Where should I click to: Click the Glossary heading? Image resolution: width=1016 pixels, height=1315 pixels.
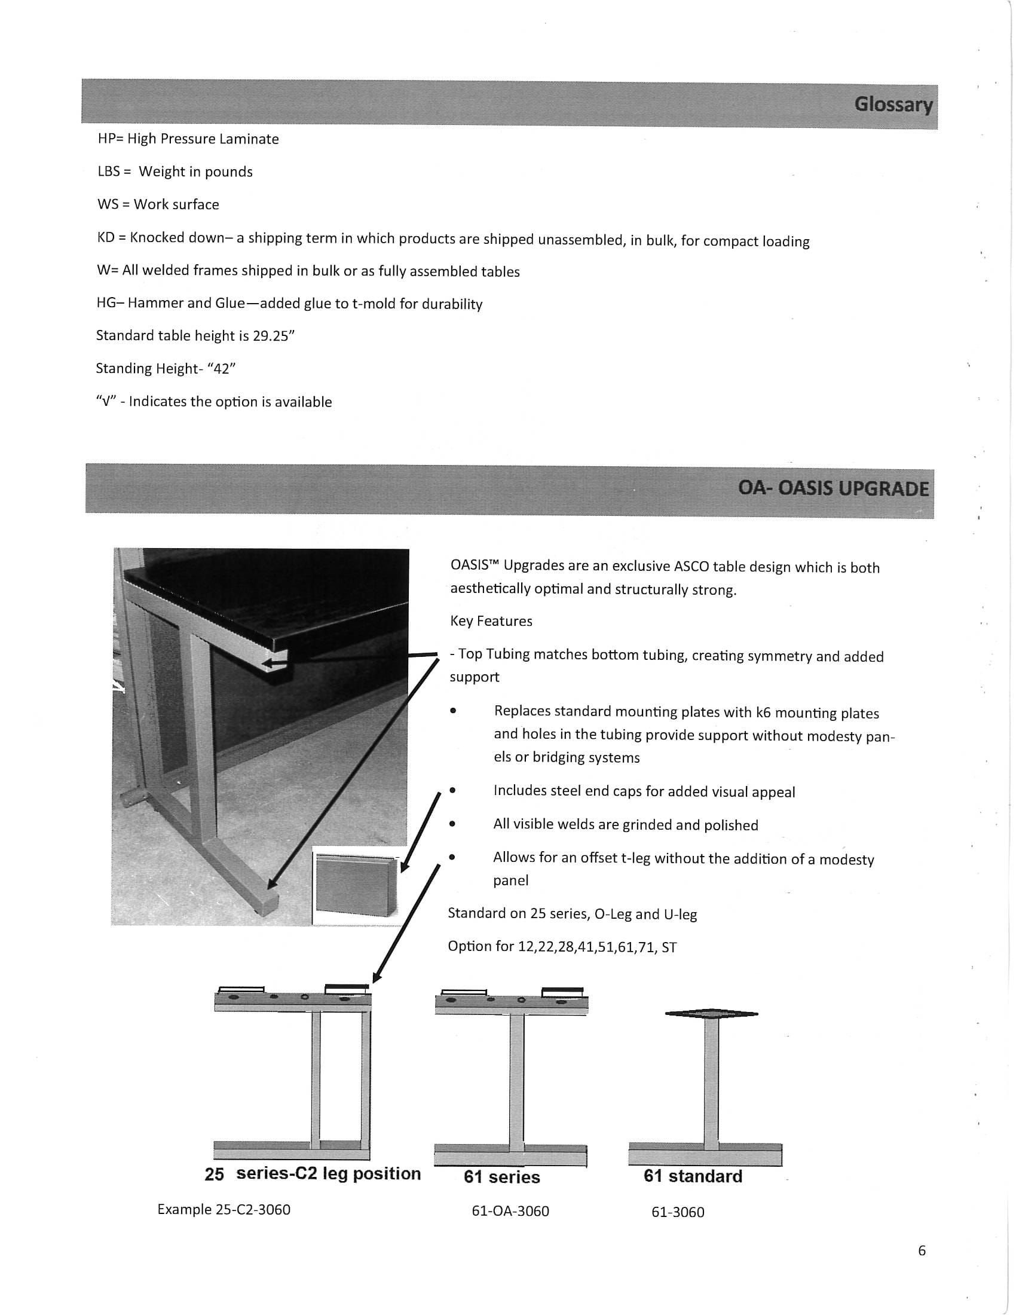tap(893, 105)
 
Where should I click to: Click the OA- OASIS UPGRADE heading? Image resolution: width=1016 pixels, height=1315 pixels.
tap(833, 488)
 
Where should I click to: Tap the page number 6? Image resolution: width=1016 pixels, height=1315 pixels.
tap(922, 1251)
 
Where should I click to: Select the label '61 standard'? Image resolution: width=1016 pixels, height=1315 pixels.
tap(693, 1176)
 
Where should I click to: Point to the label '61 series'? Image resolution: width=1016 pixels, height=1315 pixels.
tap(501, 1177)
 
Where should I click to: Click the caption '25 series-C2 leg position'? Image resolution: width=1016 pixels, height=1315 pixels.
tap(313, 1174)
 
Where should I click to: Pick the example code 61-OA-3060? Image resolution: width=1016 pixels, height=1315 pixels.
tap(510, 1212)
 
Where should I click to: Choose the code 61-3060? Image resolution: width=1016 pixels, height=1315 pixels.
tap(678, 1213)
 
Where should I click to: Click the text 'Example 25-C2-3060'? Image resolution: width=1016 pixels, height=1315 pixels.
tap(224, 1210)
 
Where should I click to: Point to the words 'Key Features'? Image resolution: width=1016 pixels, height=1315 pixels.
tap(491, 622)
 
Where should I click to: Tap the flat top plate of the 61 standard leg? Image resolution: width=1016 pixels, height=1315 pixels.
tap(711, 1014)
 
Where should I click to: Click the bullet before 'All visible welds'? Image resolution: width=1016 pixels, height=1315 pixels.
tap(452, 824)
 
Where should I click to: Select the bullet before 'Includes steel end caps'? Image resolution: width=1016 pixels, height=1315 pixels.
tap(452, 791)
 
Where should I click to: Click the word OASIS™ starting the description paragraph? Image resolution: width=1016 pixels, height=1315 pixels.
tap(475, 565)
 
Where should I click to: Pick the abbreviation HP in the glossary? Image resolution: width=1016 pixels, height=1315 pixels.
tap(106, 139)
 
